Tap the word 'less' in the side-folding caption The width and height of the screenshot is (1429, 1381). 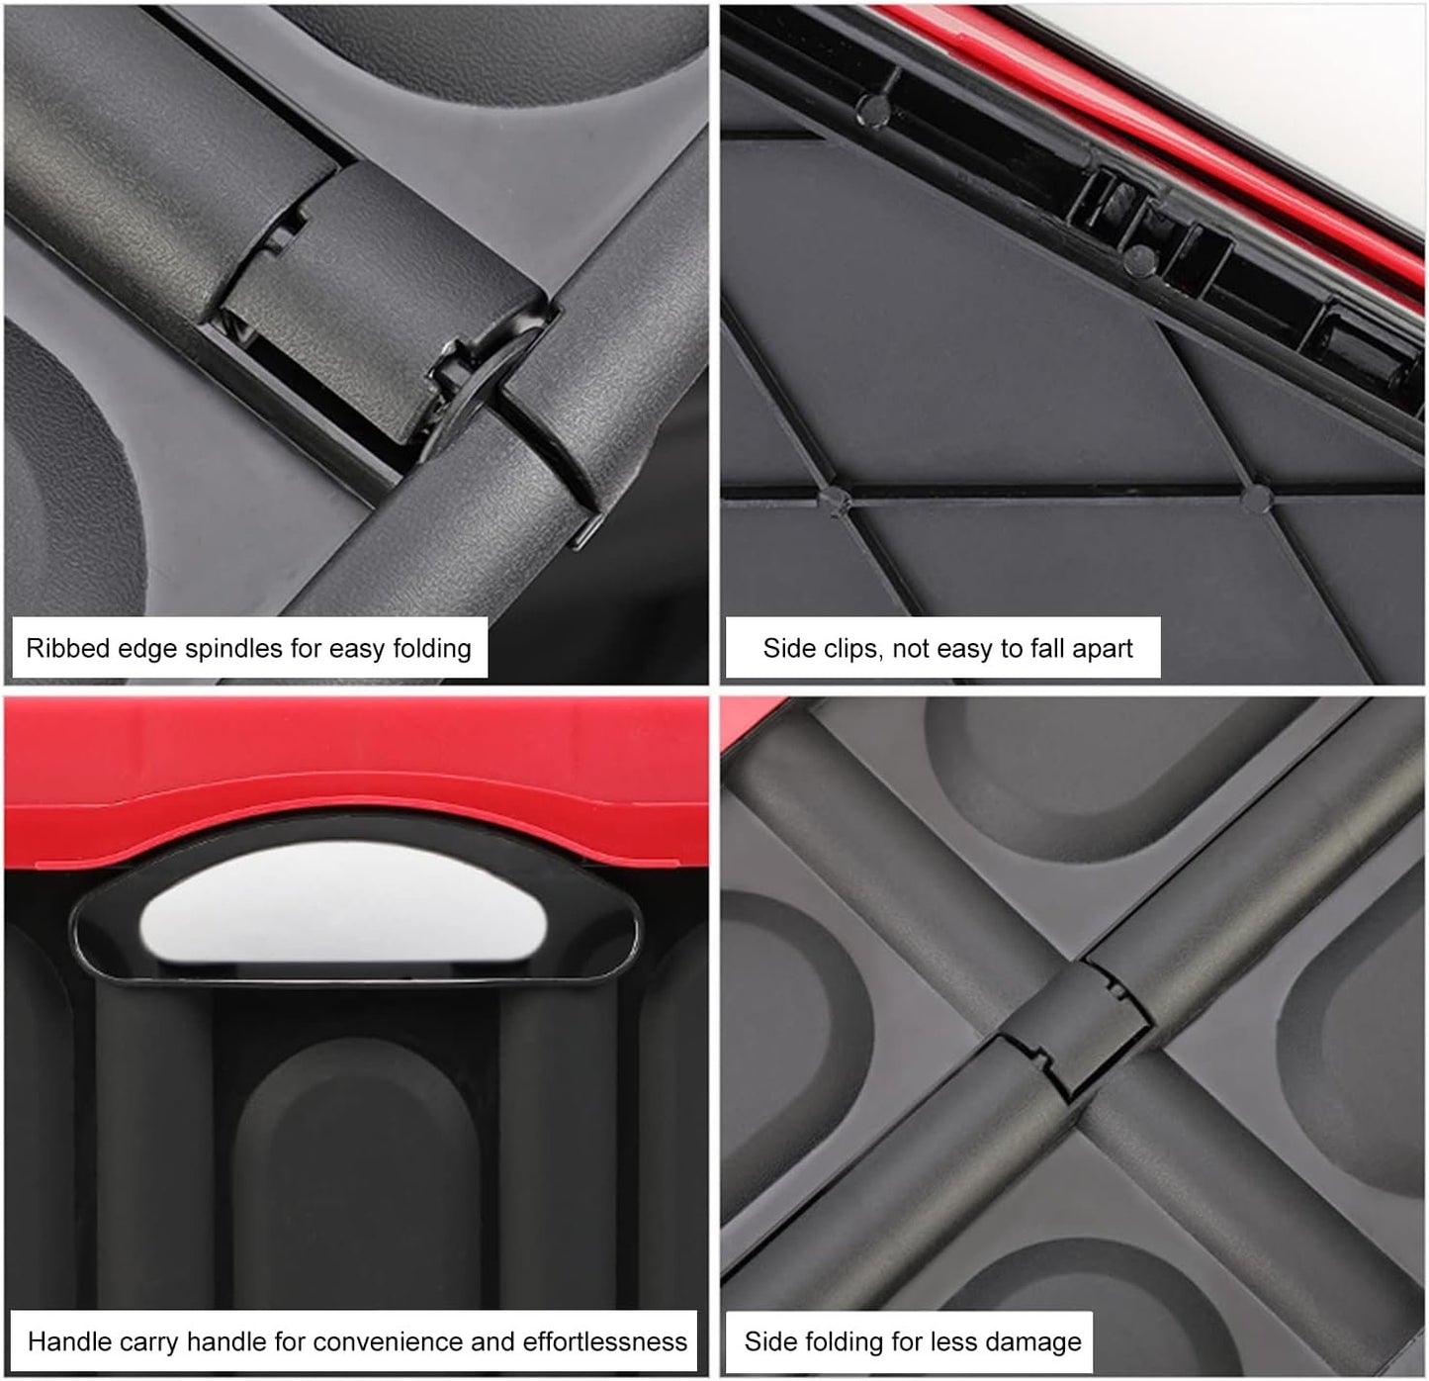point(966,1342)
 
